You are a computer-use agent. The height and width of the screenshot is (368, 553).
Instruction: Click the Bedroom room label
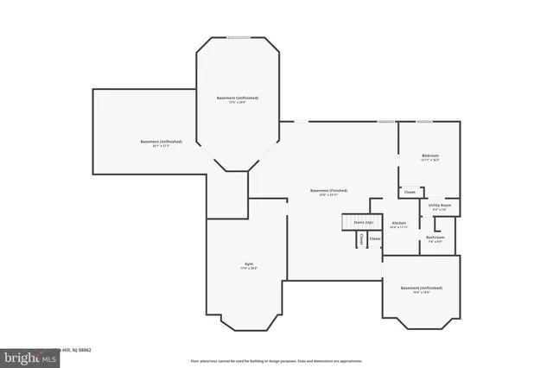[429, 155]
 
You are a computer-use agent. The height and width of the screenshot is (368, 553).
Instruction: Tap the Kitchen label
[399, 223]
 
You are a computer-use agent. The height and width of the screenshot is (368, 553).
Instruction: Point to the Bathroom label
[435, 237]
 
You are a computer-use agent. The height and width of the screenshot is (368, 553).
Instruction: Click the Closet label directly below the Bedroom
[410, 192]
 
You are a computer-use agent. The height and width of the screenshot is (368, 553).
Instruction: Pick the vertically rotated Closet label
[361, 239]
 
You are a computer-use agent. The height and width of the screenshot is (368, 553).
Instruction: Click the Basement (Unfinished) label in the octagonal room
[237, 98]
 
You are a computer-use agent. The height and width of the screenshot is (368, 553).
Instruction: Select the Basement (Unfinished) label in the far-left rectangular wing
[161, 141]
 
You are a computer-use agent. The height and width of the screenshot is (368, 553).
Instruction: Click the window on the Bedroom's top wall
[424, 122]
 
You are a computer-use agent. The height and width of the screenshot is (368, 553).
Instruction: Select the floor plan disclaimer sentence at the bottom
[276, 360]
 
